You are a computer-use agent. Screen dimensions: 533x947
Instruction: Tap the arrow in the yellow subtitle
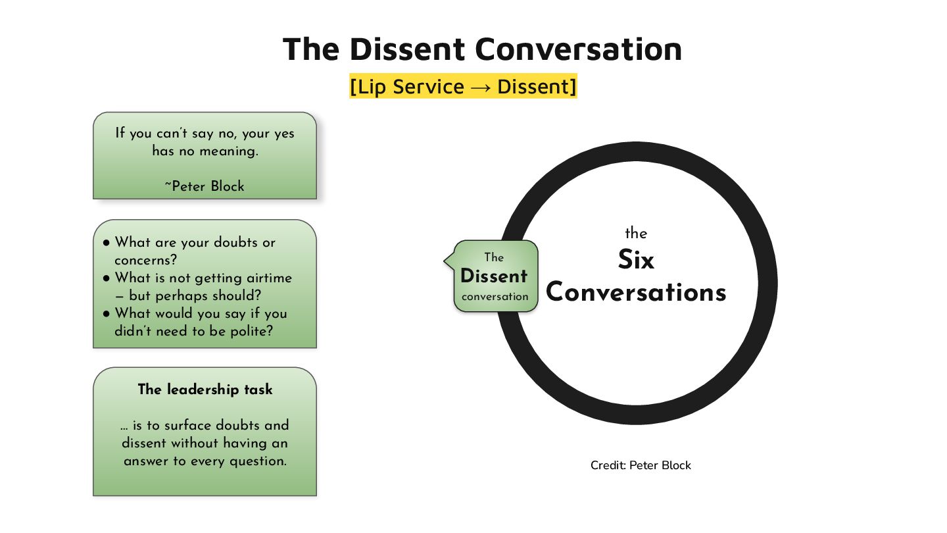click(481, 88)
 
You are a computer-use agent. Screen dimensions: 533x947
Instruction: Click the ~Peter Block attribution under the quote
click(205, 186)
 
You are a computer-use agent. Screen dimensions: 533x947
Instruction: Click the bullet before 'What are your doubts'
click(107, 243)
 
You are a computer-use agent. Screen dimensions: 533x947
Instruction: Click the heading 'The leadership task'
click(205, 390)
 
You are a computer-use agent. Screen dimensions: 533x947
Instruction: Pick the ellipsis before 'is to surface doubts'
click(124, 426)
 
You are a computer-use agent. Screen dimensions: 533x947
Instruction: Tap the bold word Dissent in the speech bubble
click(494, 276)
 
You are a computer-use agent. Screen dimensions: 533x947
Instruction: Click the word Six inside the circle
click(636, 261)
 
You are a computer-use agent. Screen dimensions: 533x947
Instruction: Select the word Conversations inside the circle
click(636, 292)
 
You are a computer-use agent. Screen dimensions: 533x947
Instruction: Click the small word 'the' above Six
click(636, 234)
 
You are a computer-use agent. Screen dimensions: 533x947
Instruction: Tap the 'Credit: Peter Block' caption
click(641, 465)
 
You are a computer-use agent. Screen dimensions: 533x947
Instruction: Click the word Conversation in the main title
click(578, 49)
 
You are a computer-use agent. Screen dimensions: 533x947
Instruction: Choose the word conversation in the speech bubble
click(495, 297)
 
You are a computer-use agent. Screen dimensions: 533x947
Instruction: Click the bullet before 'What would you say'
click(107, 314)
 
